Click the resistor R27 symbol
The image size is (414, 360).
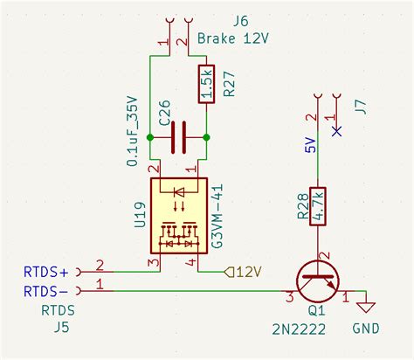pos(206,83)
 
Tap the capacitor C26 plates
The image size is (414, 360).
pos(179,136)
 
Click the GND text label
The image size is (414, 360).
pos(366,330)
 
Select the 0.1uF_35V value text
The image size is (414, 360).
pos(133,131)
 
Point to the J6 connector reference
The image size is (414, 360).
pos(239,20)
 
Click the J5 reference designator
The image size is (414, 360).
pos(61,329)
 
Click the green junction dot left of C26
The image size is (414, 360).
pos(150,137)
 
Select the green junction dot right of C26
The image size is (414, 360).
pos(207,137)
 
